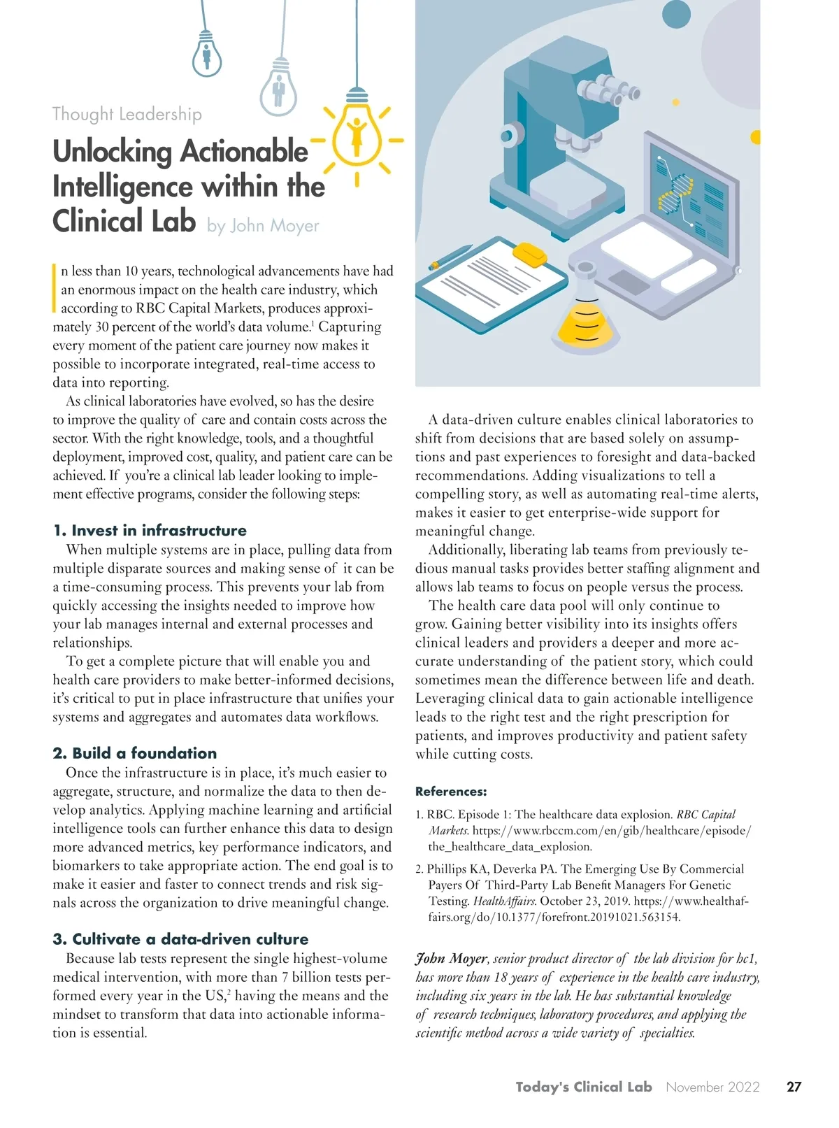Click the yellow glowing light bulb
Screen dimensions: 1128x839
[x=357, y=133]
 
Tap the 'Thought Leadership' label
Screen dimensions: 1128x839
[x=127, y=114]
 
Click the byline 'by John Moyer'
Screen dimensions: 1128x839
[x=263, y=226]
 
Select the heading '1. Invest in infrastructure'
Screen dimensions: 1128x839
[x=150, y=530]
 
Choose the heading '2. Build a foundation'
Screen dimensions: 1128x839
[x=135, y=753]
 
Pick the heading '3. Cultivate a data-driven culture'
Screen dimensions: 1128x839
[x=180, y=939]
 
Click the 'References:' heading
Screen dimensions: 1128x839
[x=451, y=792]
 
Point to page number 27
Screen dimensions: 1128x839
[x=794, y=1087]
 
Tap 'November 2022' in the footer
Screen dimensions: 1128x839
[x=712, y=1087]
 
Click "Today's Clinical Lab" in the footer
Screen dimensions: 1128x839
[x=584, y=1087]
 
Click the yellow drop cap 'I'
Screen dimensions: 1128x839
[x=55, y=287]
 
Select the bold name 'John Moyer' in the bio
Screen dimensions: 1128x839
[x=451, y=959]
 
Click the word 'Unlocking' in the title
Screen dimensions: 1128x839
[x=112, y=152]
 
